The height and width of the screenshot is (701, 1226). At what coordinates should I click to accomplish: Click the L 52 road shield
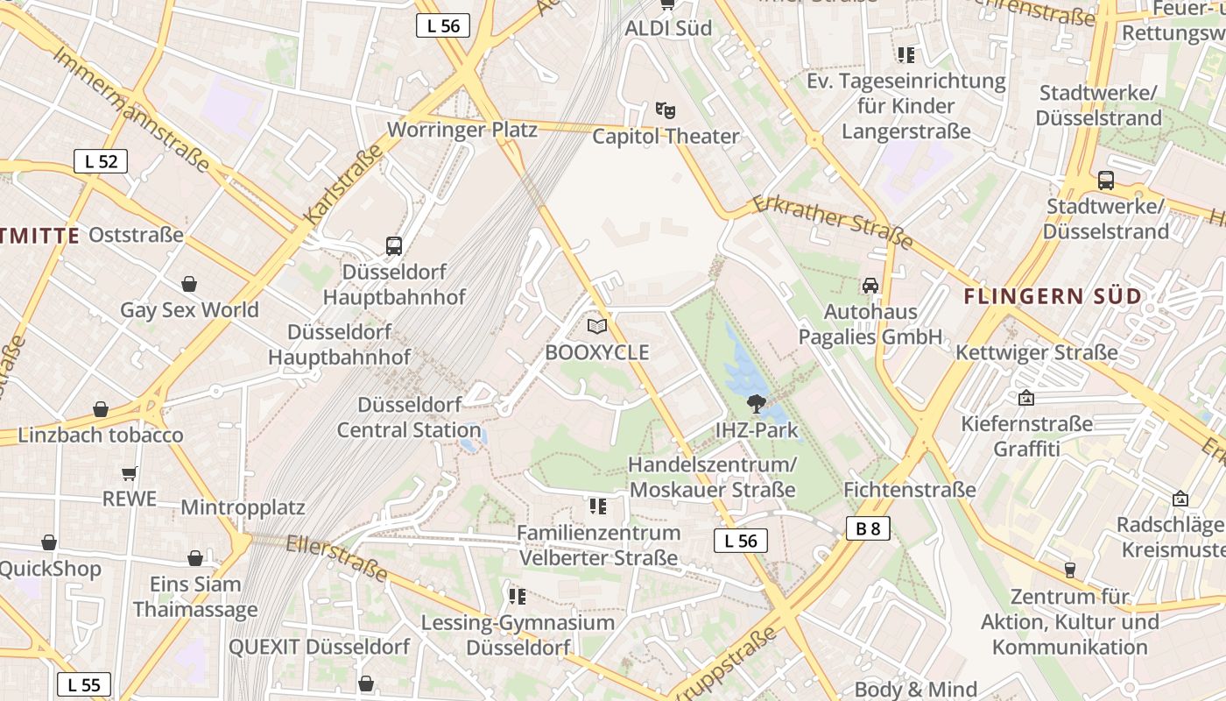(x=101, y=161)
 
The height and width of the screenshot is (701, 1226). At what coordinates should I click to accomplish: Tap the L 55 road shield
(x=84, y=684)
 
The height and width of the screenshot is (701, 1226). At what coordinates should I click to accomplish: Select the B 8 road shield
(x=868, y=528)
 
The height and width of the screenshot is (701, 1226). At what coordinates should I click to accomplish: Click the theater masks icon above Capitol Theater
(x=666, y=110)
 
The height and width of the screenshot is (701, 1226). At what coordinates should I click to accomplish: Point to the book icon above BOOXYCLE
(x=597, y=327)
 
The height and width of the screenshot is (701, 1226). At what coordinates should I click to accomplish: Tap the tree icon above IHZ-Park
(x=756, y=404)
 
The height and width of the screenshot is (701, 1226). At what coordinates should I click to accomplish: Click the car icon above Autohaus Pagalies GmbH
(x=870, y=286)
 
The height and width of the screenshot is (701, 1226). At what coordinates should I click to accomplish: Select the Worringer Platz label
(x=462, y=130)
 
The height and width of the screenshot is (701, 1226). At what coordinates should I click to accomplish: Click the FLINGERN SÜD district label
(x=1053, y=296)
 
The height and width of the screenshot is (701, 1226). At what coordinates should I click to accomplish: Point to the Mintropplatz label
(x=243, y=507)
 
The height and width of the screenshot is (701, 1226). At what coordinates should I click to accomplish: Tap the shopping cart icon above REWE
(x=130, y=473)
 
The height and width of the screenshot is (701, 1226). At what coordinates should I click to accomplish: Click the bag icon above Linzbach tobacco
(x=101, y=409)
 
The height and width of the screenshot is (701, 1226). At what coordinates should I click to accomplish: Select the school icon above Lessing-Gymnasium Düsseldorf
(x=518, y=597)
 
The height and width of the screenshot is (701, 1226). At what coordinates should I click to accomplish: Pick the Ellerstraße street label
(x=337, y=557)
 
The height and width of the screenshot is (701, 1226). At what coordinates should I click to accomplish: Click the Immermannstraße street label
(x=131, y=109)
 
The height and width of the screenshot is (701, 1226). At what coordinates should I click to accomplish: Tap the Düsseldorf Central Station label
(x=409, y=418)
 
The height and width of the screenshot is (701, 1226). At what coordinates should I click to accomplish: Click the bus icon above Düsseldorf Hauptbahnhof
(x=394, y=246)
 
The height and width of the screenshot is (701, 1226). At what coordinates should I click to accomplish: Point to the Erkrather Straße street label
(x=833, y=222)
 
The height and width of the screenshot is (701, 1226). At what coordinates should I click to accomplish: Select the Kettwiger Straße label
(x=1037, y=352)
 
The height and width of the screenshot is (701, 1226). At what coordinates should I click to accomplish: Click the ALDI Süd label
(x=668, y=28)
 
